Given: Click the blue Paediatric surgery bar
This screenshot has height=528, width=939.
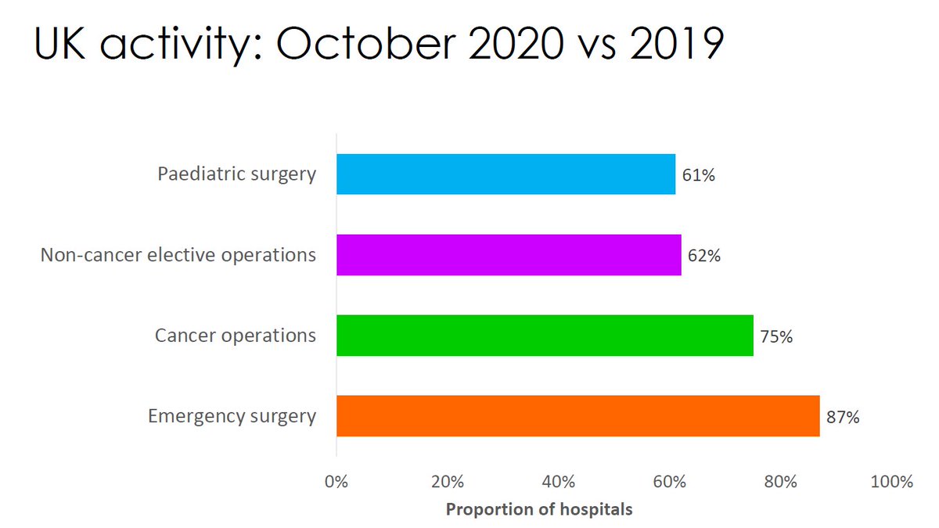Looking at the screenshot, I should tap(505, 174).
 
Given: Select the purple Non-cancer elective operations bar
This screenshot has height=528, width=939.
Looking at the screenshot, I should tap(509, 255).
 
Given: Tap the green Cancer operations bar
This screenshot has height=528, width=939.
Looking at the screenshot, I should tap(545, 336).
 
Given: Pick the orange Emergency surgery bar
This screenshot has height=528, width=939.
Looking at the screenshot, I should tap(577, 416).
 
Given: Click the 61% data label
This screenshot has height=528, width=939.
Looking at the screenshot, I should tap(698, 175).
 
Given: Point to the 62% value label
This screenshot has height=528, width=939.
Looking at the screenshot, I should tap(704, 256).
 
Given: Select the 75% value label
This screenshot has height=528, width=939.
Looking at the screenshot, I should tap(776, 336).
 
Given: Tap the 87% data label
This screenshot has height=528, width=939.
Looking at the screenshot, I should tap(843, 418).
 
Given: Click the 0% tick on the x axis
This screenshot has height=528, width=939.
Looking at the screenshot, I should tap(336, 482).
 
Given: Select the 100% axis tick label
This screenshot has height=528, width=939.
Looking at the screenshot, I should tap(891, 482).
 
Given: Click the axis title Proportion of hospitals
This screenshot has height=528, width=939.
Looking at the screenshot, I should tap(538, 509).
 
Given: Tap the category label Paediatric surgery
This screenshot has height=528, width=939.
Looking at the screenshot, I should tap(237, 174).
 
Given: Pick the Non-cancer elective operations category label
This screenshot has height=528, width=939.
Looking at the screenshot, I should tap(178, 255).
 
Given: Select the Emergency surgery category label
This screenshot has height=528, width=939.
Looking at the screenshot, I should tap(232, 416).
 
